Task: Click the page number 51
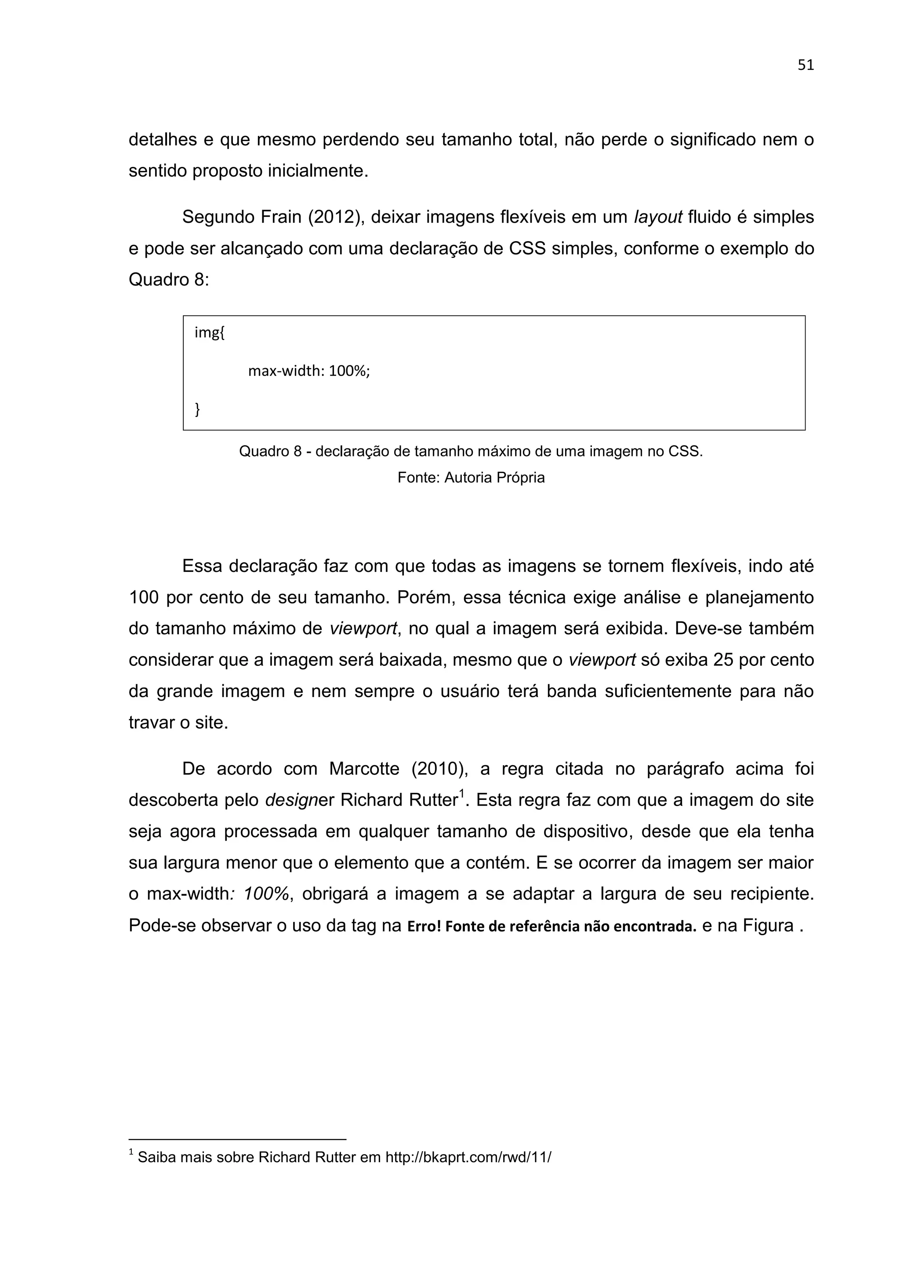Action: click(805, 65)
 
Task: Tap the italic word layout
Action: click(657, 217)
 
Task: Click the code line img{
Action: click(210, 333)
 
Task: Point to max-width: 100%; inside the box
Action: click(308, 371)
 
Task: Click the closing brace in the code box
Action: click(197, 409)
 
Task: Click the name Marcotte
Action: click(364, 769)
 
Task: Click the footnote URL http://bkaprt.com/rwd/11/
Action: click(468, 1157)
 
